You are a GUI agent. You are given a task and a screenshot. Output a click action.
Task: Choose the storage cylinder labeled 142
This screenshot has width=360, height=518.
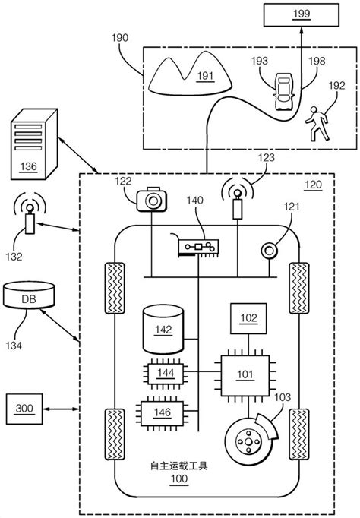click(162, 329)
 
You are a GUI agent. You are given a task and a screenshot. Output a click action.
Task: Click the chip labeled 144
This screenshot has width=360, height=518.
click(162, 372)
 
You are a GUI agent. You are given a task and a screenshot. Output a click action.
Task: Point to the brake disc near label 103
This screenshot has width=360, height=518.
click(248, 441)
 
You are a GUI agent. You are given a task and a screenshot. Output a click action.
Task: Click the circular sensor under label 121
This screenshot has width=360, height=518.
click(270, 248)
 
